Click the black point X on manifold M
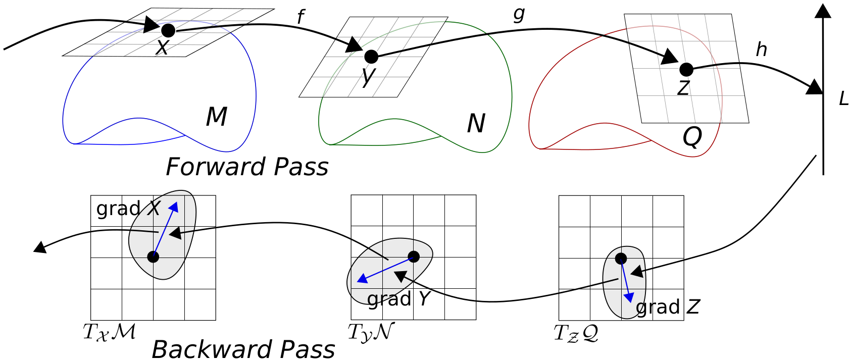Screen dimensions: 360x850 coord(168,30)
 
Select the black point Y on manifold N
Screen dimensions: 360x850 coord(371,57)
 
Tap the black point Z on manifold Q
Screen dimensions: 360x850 coord(686,69)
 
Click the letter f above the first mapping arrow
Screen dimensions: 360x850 coord(301,17)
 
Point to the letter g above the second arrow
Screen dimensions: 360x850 coord(519,14)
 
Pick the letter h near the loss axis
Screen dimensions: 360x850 coord(761,49)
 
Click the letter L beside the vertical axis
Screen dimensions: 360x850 coord(843,99)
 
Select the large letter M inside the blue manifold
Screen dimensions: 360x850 coord(216,117)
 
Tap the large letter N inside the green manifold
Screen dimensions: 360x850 coord(476,123)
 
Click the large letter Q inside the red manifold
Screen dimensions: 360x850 coord(692,136)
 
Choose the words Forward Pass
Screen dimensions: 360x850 coord(247,167)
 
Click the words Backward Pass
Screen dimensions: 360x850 coord(243,349)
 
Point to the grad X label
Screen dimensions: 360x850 coord(128,208)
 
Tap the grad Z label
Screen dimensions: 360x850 coord(667,306)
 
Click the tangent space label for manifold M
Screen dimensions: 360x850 coord(109,332)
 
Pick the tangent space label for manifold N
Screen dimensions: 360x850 coord(371,332)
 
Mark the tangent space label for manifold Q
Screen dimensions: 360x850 coord(576,333)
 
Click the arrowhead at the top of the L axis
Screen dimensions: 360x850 coord(823,11)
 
